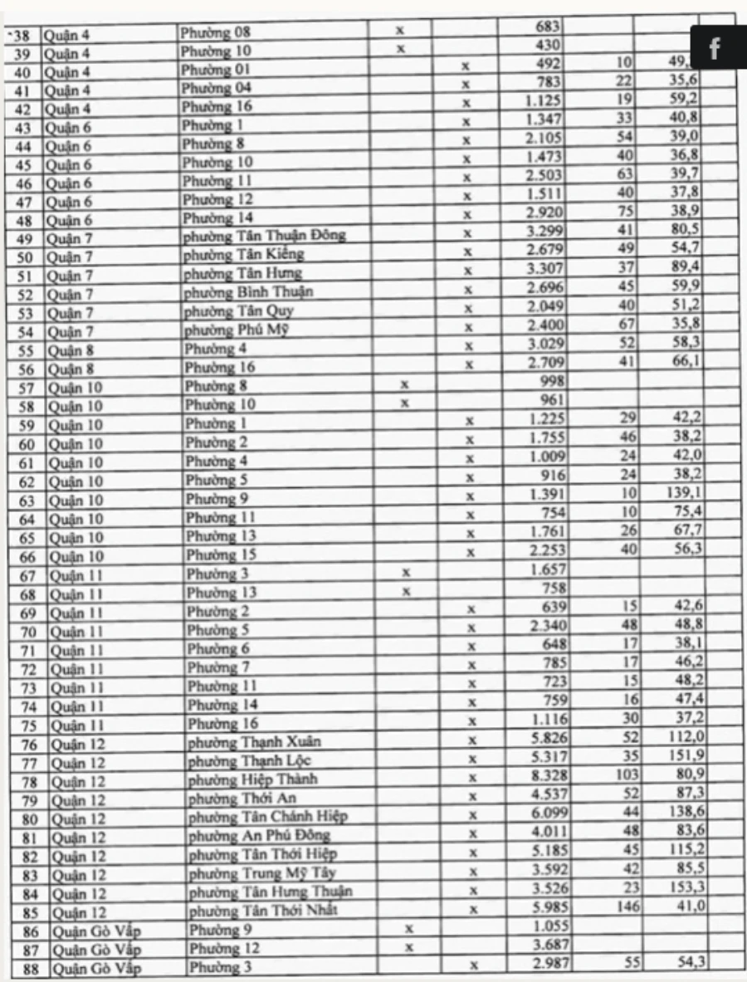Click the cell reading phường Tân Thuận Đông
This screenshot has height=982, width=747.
pyautogui.click(x=264, y=236)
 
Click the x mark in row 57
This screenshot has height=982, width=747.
pyautogui.click(x=404, y=385)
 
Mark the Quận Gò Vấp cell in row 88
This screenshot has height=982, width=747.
pyautogui.click(x=93, y=968)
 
